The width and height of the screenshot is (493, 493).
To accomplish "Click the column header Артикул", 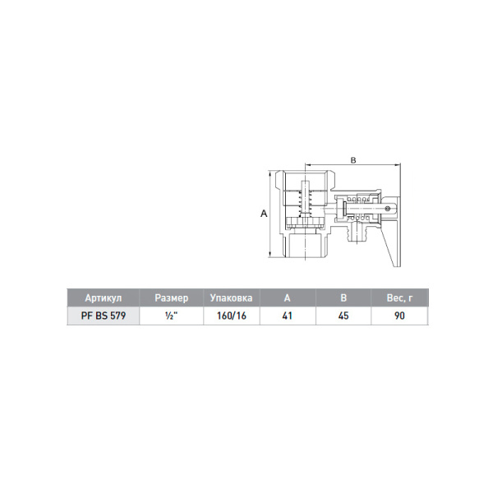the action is [x=104, y=297].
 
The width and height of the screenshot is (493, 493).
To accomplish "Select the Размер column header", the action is [x=172, y=297].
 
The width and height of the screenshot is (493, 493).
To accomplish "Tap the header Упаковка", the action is [x=231, y=297].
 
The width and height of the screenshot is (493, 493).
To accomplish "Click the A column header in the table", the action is [x=287, y=297].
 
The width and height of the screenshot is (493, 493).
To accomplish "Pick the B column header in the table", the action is [x=343, y=297].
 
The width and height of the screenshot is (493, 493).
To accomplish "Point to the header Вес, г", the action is [x=399, y=297].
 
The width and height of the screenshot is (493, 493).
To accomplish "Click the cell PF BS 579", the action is [x=104, y=316].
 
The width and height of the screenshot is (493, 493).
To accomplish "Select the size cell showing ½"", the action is [x=172, y=316].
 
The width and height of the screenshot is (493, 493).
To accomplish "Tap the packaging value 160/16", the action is [x=232, y=316].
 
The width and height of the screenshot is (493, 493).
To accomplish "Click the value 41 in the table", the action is [x=288, y=316].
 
